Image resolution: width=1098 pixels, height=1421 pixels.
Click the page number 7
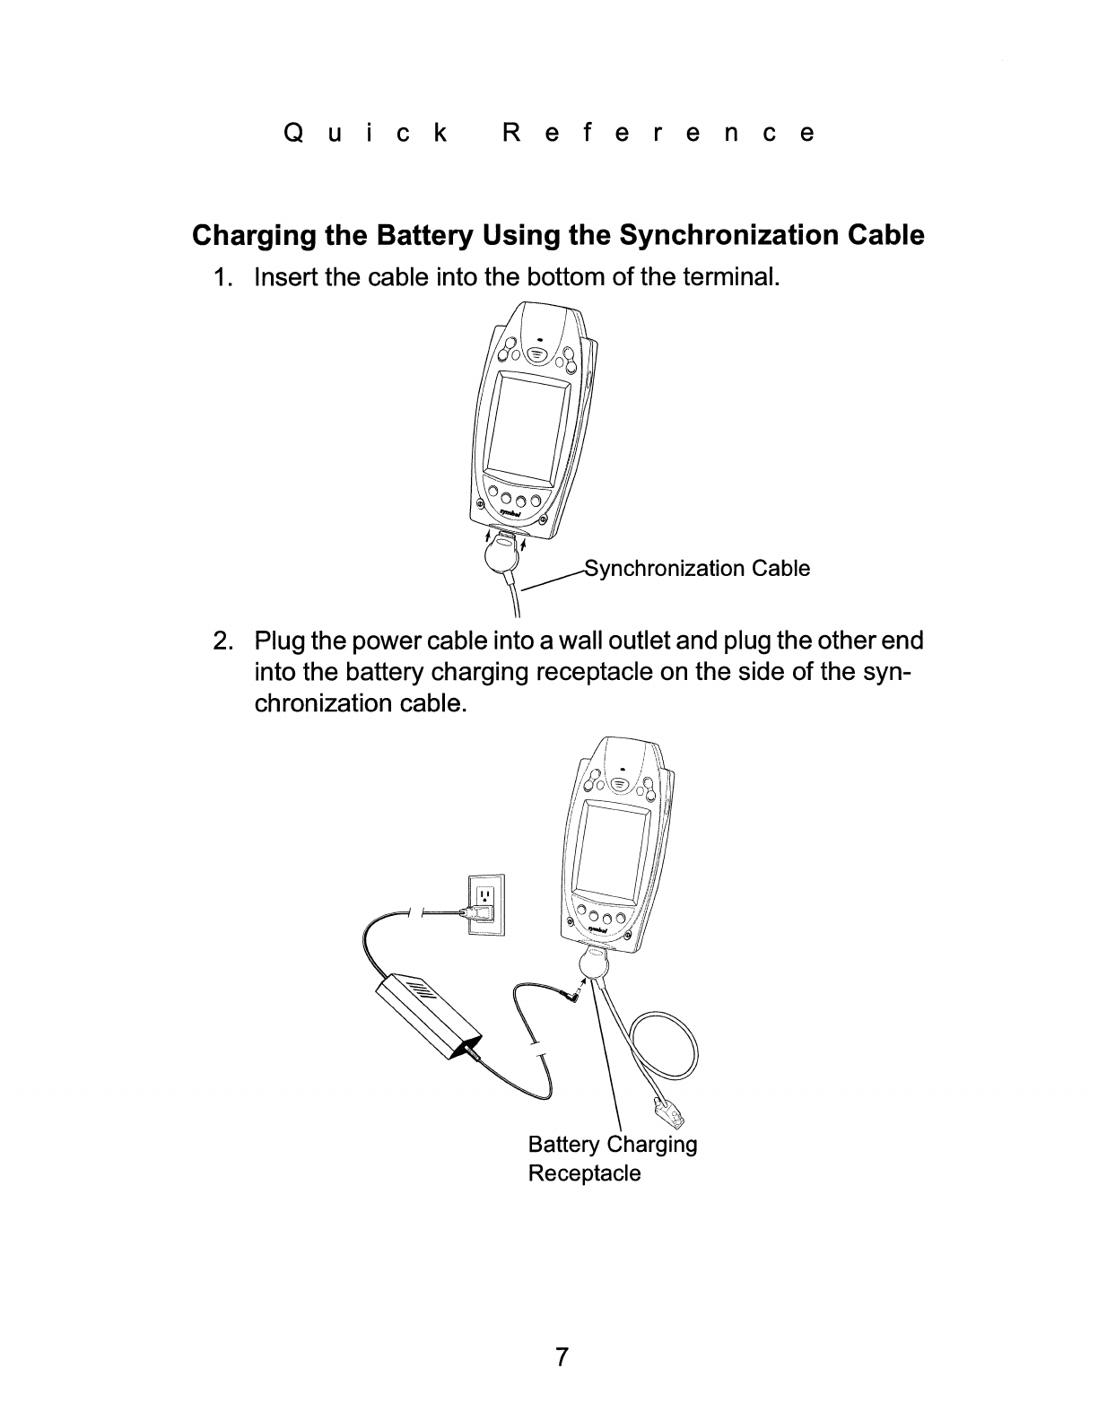coord(562,1356)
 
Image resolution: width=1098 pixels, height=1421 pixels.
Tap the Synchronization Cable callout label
coord(697,569)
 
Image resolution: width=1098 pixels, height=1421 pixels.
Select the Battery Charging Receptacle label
coord(612,1158)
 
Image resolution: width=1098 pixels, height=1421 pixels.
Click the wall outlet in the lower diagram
coord(486,904)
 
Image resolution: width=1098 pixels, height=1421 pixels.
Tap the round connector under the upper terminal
coord(501,557)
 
